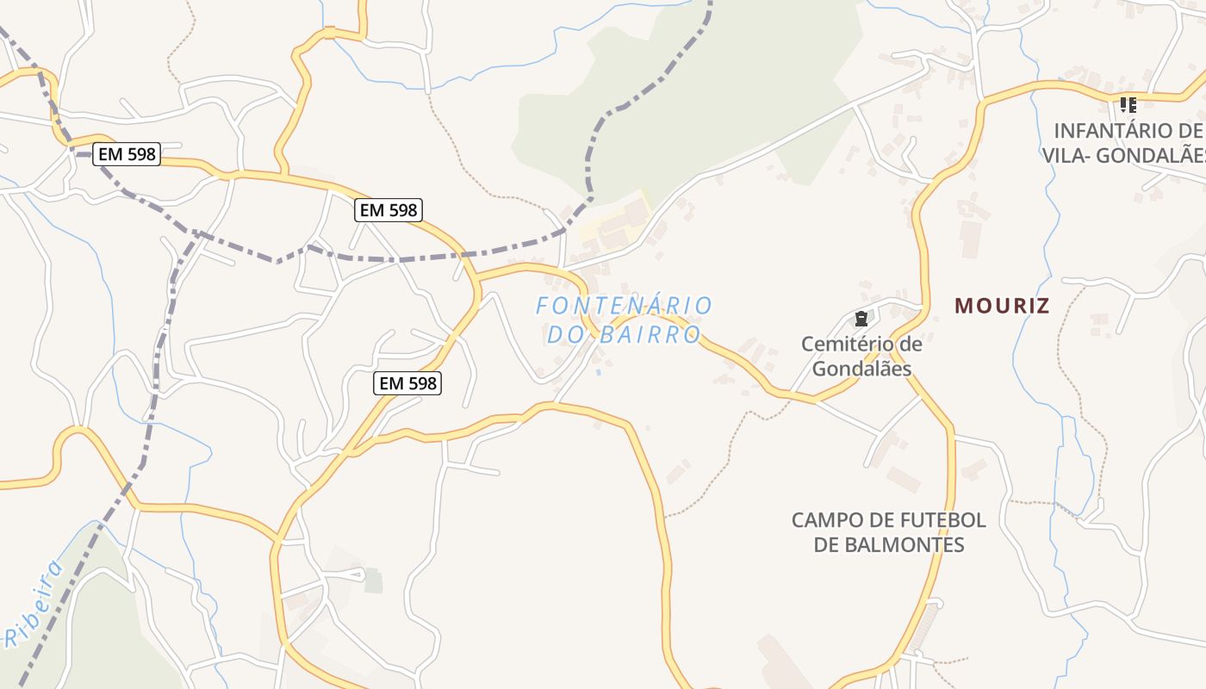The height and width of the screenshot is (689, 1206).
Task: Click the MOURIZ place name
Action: (x=1002, y=306)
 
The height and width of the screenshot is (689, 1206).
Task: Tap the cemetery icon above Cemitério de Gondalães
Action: (x=861, y=318)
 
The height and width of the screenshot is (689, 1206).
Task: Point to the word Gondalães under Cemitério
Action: (x=861, y=369)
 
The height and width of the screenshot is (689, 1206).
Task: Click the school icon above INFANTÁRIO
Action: (x=1128, y=105)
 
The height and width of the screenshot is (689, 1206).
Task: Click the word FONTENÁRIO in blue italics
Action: (x=624, y=306)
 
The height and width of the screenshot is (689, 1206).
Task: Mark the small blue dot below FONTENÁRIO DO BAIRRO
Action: (x=599, y=372)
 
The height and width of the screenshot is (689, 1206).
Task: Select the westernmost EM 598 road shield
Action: (x=127, y=154)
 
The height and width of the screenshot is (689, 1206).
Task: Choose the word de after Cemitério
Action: (x=910, y=344)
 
